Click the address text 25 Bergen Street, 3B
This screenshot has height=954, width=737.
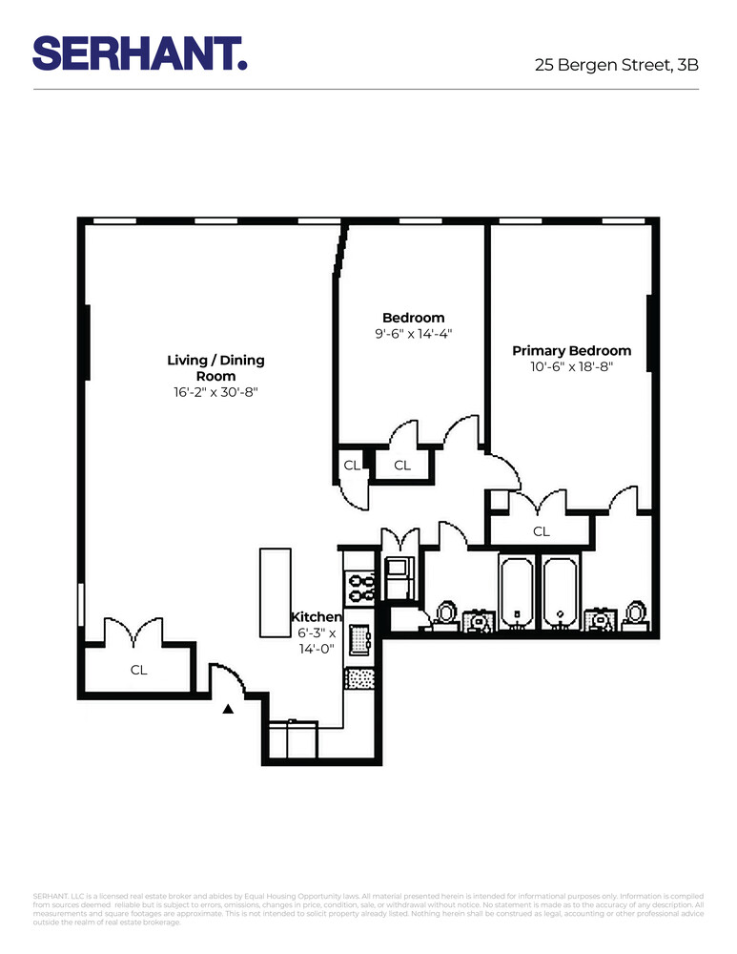[x=616, y=66]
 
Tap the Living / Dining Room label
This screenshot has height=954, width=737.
[x=215, y=368]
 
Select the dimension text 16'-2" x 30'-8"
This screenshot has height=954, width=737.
[x=215, y=392]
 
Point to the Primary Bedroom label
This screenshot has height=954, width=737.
[x=571, y=351]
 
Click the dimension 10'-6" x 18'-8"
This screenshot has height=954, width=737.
[x=571, y=366]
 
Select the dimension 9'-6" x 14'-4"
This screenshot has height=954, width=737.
[x=413, y=334]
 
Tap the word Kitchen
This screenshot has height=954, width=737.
[x=317, y=617]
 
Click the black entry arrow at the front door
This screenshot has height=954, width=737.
[x=227, y=709]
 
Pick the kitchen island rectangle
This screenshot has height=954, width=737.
[x=276, y=592]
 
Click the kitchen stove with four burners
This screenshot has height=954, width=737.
[x=360, y=586]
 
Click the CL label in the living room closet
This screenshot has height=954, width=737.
[x=139, y=670]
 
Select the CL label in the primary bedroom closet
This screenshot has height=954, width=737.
[x=542, y=531]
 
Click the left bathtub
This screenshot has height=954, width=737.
[x=517, y=593]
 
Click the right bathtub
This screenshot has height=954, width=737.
[x=560, y=593]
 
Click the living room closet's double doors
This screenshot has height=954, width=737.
[x=138, y=633]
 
